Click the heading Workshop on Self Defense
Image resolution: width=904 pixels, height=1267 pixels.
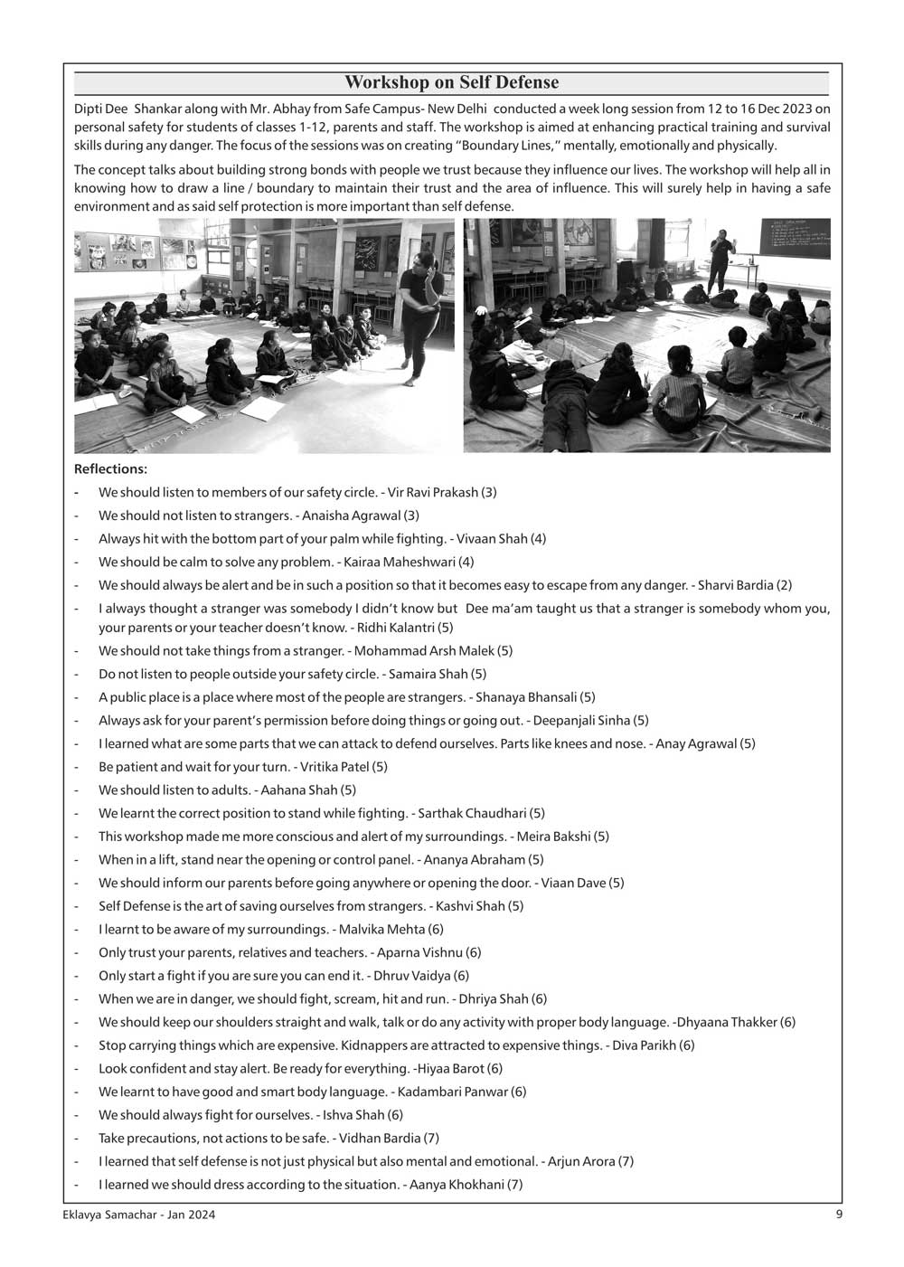(x=451, y=83)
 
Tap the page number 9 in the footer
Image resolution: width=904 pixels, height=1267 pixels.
(x=839, y=1215)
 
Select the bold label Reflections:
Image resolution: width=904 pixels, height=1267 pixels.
(x=110, y=469)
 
